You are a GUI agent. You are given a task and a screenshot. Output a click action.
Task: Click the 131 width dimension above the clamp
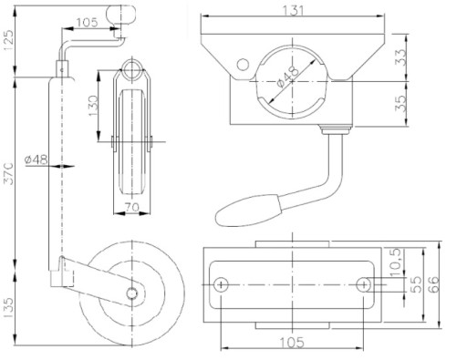point(293,10)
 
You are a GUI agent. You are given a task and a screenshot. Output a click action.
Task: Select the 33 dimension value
point(400,57)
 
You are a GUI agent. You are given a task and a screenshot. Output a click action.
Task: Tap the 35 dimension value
point(400,104)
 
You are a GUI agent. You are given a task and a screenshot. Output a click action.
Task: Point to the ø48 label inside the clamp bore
point(287,77)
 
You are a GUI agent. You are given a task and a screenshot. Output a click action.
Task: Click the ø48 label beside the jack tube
point(36,159)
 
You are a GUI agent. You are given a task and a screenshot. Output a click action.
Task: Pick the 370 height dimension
point(8,174)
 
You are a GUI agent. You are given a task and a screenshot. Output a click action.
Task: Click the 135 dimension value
point(8,308)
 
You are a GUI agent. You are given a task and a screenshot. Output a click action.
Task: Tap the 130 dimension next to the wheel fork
point(93,106)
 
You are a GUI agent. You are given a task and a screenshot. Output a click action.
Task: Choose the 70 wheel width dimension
point(132,207)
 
